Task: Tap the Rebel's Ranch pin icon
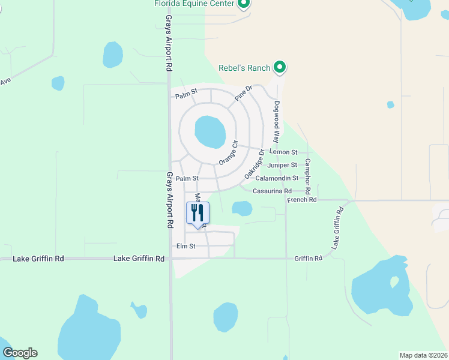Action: (279, 67)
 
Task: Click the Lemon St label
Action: (283, 153)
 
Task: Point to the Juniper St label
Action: (282, 165)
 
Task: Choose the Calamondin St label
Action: (277, 178)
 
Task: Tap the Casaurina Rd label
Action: (272, 191)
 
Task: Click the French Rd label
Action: (301, 200)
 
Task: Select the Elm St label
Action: (185, 246)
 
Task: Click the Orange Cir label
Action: (229, 153)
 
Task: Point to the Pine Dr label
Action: (244, 94)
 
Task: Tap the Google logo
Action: (20, 353)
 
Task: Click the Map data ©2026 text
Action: (423, 355)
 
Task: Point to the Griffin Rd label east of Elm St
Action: (308, 258)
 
